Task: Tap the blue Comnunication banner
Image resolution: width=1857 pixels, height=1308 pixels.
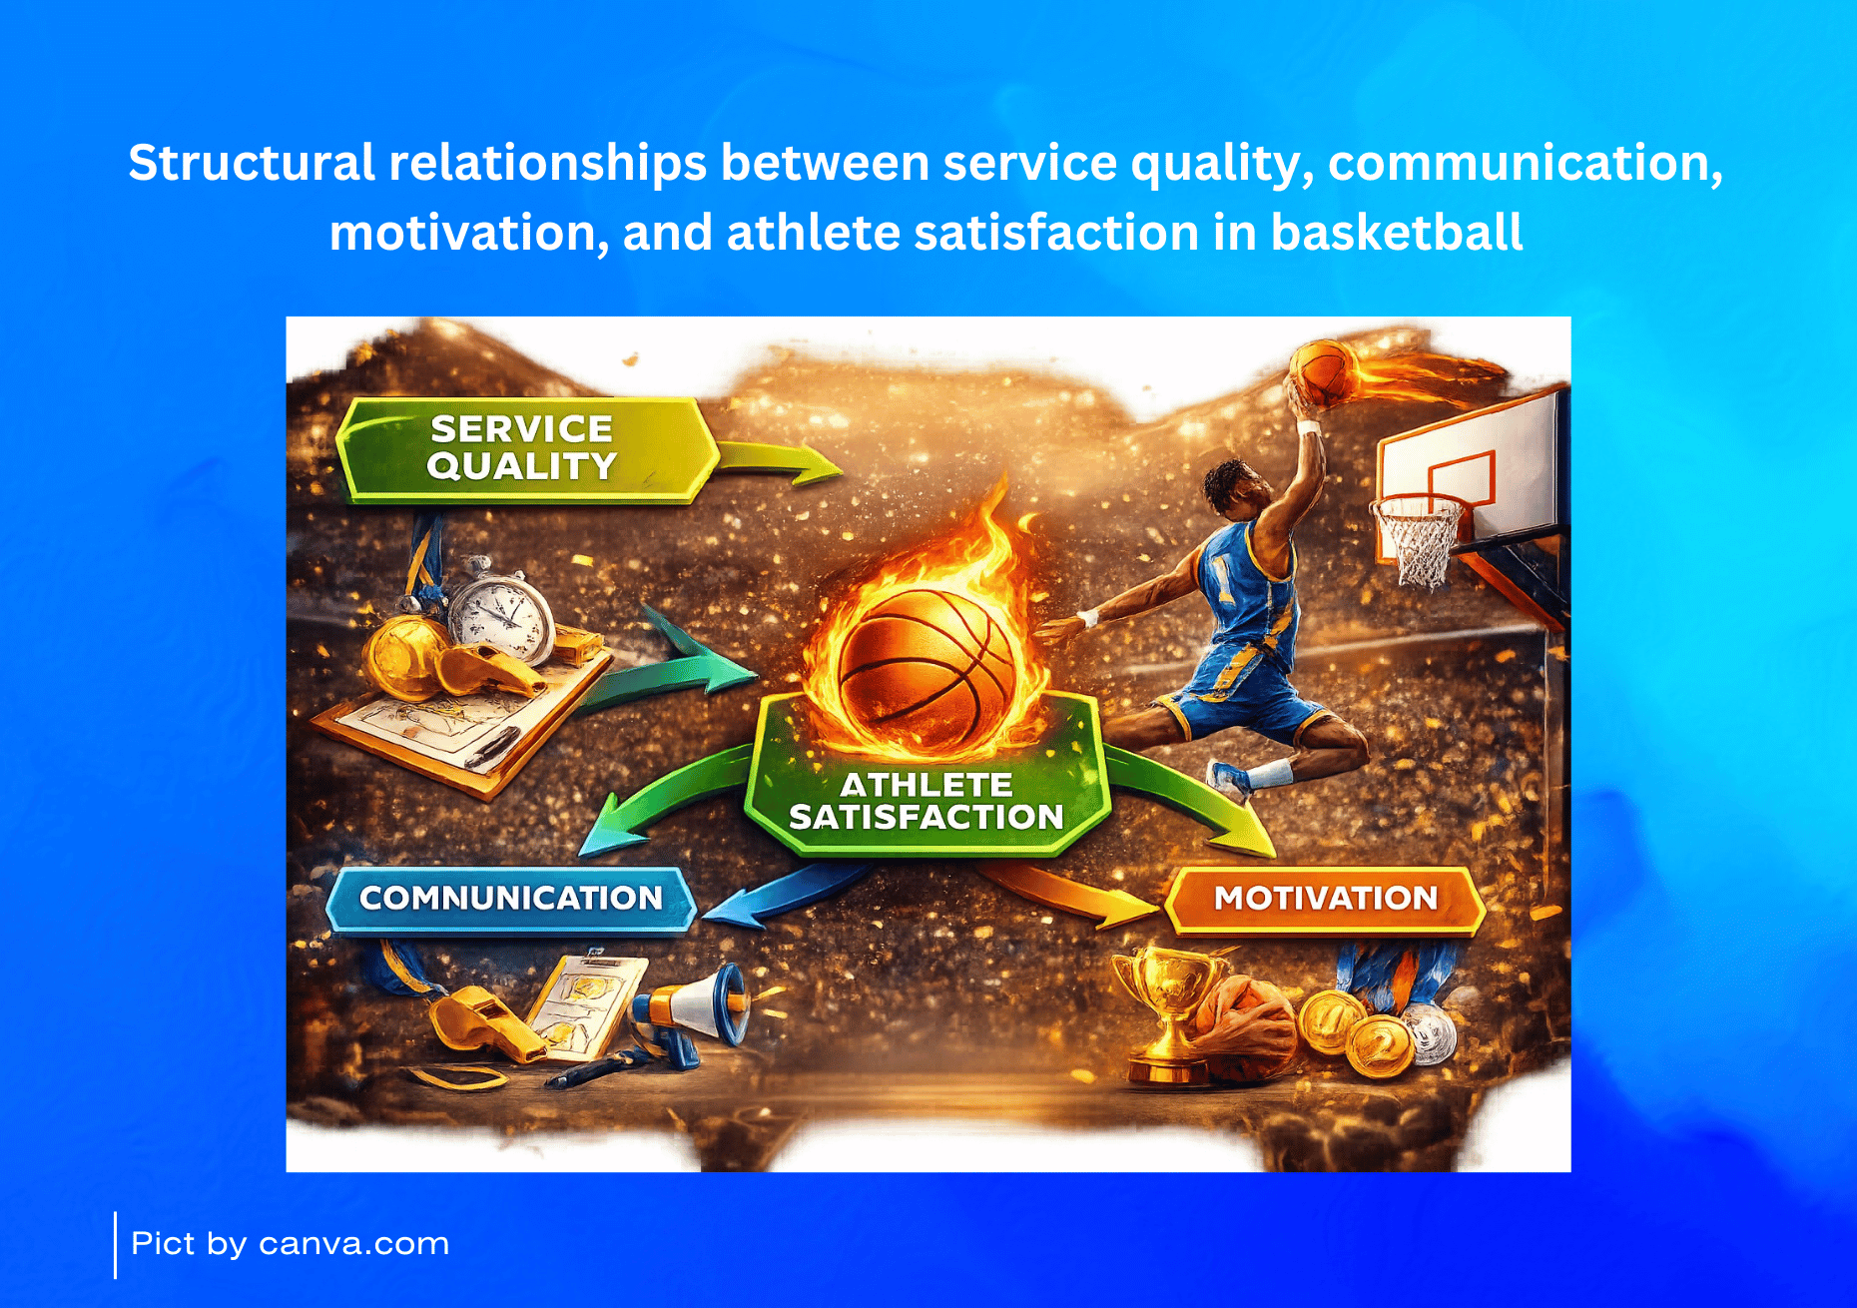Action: coord(511,899)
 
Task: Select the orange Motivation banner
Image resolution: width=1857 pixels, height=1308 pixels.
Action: coord(1325,899)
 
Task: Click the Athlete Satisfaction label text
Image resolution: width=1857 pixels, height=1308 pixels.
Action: coord(927,801)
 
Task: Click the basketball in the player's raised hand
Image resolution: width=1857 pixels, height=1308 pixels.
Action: coord(1320,371)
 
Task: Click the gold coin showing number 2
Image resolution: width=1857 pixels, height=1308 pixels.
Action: coord(1380,1046)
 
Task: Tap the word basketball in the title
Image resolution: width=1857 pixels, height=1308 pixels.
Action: coord(1397,232)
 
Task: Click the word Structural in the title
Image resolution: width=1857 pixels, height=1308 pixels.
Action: coord(252,162)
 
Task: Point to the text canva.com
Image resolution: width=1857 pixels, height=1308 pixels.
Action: coord(353,1244)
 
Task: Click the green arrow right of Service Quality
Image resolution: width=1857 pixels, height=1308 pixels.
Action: coord(780,461)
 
